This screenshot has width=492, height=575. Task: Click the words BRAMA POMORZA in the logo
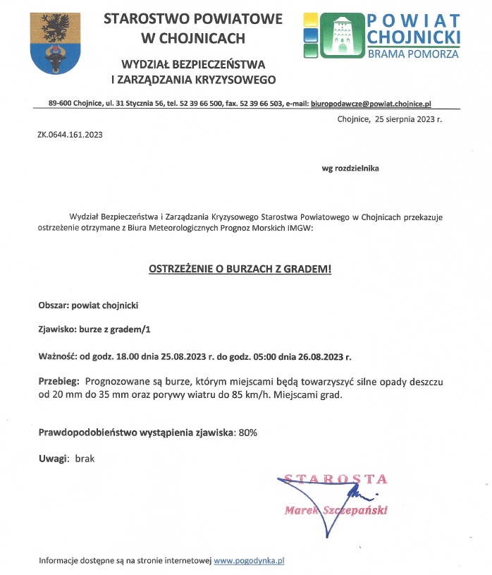[x=413, y=54]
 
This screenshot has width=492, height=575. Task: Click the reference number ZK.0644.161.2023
[x=70, y=134]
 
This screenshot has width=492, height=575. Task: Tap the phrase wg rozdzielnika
[x=350, y=169]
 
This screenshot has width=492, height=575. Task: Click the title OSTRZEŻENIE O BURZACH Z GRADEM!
[x=240, y=269]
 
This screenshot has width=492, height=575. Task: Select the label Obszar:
[x=54, y=305]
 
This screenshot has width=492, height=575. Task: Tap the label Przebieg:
[x=58, y=382]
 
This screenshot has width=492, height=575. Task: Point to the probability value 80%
[x=248, y=432]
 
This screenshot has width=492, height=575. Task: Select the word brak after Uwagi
[x=85, y=459]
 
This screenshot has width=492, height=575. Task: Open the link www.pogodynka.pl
[x=249, y=561]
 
